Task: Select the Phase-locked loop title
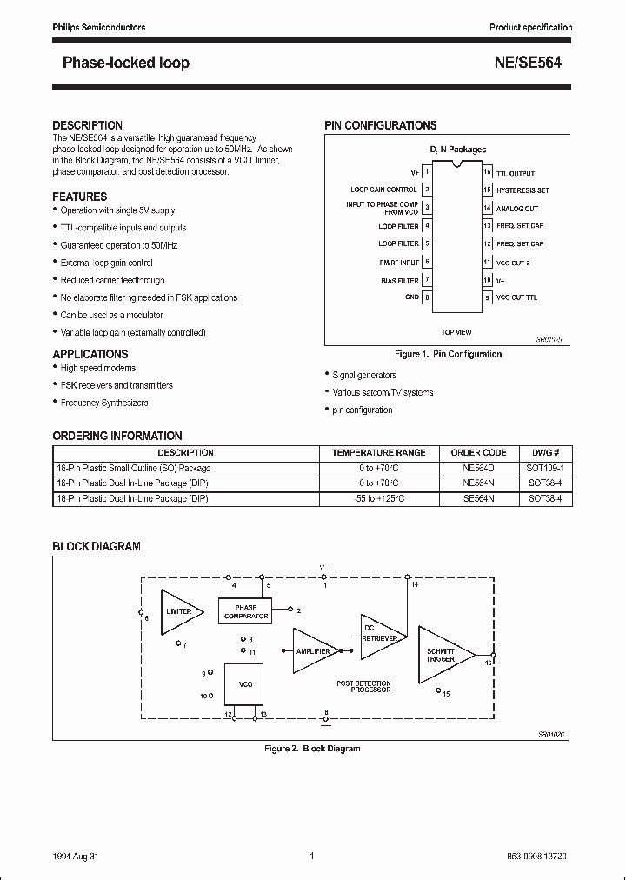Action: pos(126,63)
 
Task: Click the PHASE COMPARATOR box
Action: pos(246,611)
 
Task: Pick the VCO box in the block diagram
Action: pos(245,684)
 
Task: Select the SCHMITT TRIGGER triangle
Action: pos(441,655)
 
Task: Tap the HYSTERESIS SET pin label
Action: pos(523,190)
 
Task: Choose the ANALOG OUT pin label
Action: pos(516,209)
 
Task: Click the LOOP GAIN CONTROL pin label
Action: pos(383,190)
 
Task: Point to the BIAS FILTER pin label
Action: pos(399,281)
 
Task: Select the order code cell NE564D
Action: pos(478,468)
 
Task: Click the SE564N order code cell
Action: pos(478,499)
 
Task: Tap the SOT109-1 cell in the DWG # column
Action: pos(545,468)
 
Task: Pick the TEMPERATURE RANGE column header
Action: pos(378,453)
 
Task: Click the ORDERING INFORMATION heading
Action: pos(117,436)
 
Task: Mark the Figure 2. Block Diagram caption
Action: pos(312,749)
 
